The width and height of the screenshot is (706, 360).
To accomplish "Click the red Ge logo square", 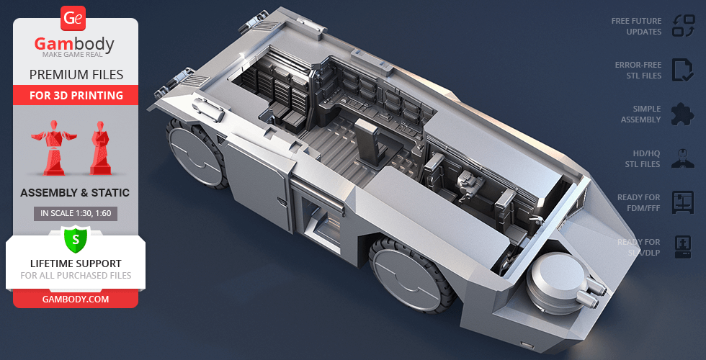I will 74,18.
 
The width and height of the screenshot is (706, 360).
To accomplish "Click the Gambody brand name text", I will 75,45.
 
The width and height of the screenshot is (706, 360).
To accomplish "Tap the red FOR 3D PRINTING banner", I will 76,95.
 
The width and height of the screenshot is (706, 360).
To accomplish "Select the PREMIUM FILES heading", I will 76,74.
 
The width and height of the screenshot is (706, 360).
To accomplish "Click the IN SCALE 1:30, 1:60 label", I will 76,213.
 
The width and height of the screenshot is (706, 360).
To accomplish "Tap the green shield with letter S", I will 76,238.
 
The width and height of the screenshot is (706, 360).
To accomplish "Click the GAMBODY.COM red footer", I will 76,299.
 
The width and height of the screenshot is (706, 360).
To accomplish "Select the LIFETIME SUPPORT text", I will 76,264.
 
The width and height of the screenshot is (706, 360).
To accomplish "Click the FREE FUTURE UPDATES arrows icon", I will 682,27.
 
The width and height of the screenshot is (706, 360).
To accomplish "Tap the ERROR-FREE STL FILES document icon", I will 682,70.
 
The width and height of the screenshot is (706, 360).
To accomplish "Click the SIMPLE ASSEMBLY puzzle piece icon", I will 682,114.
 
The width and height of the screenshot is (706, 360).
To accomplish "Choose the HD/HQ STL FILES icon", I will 682,158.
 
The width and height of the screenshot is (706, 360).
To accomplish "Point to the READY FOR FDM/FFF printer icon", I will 682,202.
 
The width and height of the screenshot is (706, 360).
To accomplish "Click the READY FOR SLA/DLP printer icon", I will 682,247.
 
